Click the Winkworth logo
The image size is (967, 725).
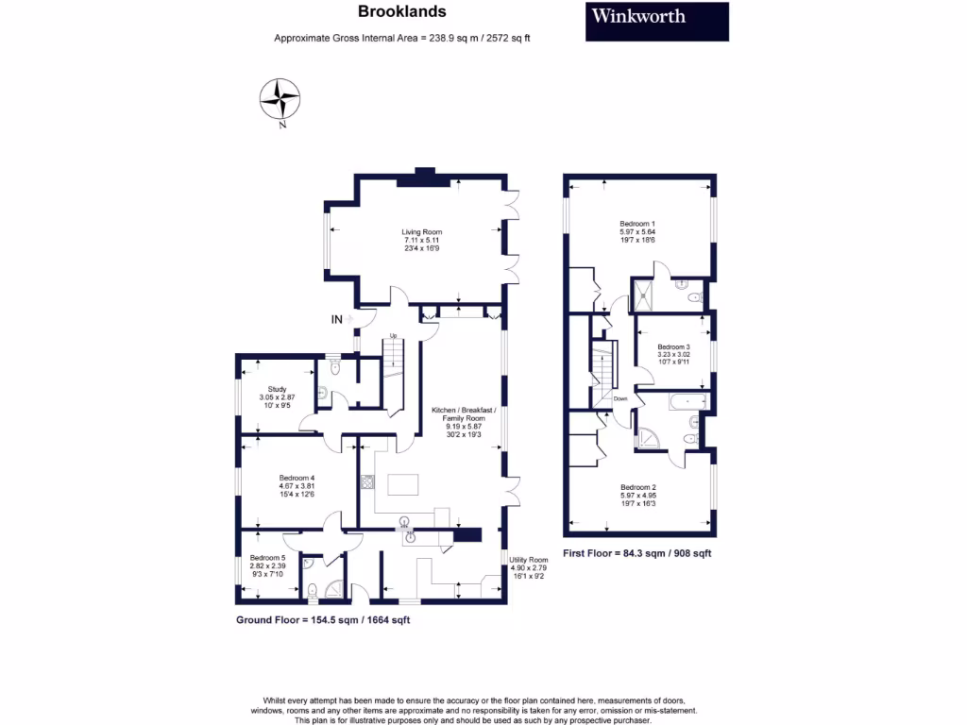(x=657, y=21)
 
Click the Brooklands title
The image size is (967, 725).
(x=401, y=12)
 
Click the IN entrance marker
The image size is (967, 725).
(x=336, y=320)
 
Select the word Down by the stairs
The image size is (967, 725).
(x=620, y=398)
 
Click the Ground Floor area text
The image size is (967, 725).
(x=322, y=620)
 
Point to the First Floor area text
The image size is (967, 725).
(x=636, y=553)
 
